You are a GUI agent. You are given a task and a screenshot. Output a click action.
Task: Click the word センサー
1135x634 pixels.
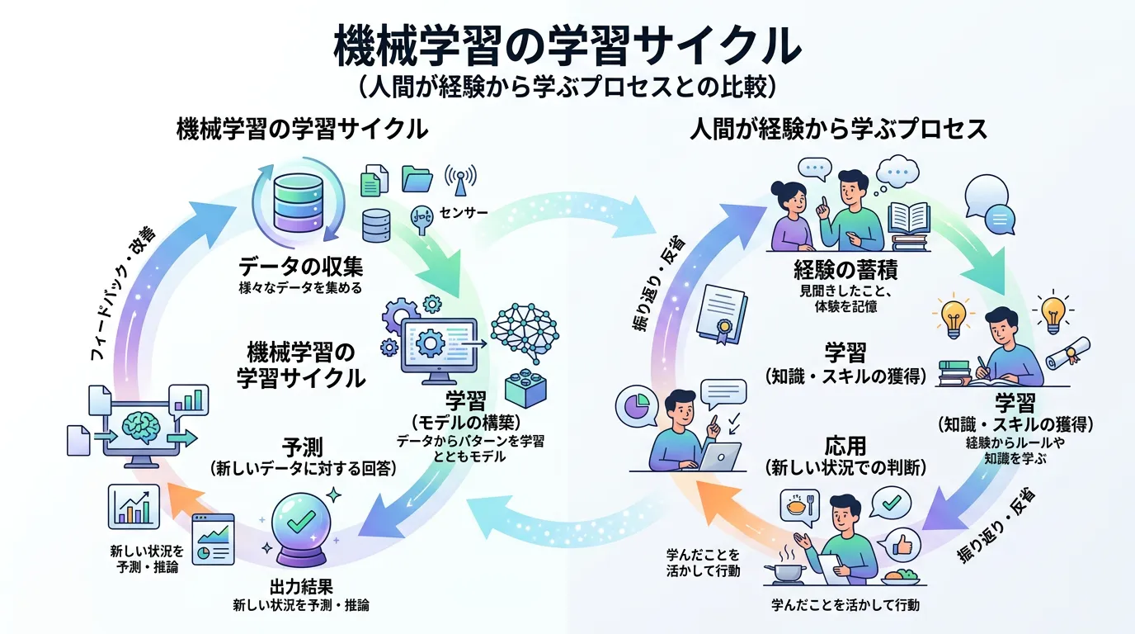pyautogui.click(x=464, y=213)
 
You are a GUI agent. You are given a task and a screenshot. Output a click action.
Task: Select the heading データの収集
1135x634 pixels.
pyautogui.click(x=300, y=267)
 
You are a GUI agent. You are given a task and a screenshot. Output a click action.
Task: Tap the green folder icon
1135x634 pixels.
pyautogui.click(x=417, y=178)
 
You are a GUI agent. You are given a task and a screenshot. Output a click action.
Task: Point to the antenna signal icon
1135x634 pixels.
pyautogui.click(x=460, y=177)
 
